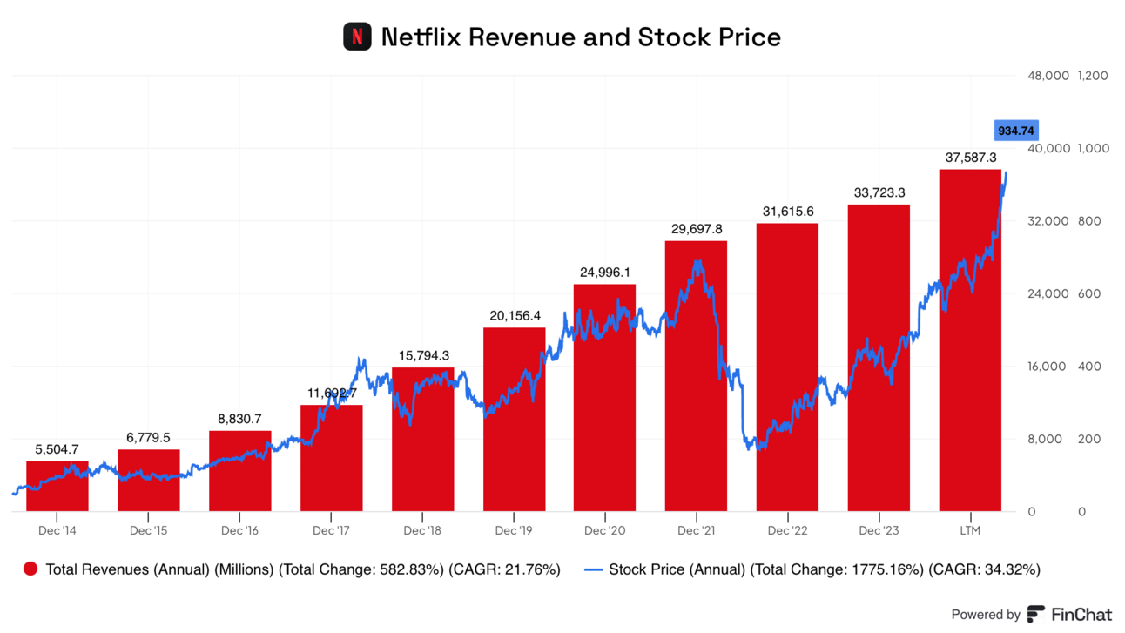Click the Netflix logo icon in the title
(357, 37)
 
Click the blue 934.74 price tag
(1015, 131)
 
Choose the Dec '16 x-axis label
(239, 530)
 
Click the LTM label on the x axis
(970, 530)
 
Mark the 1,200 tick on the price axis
(1093, 76)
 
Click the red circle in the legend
(31, 570)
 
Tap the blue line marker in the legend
(593, 570)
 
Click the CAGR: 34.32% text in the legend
(984, 570)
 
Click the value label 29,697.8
(697, 229)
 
